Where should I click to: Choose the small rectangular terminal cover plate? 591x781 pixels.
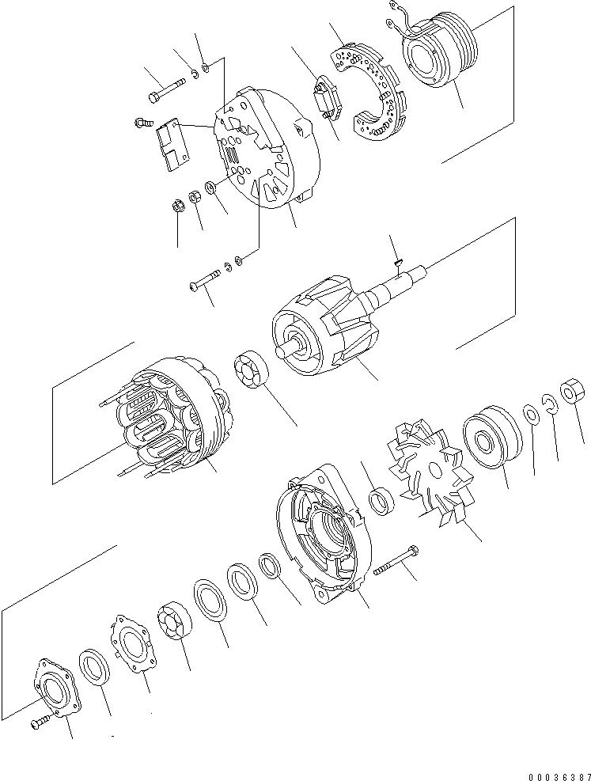coord(172,146)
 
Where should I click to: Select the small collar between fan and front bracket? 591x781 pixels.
coord(383,502)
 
